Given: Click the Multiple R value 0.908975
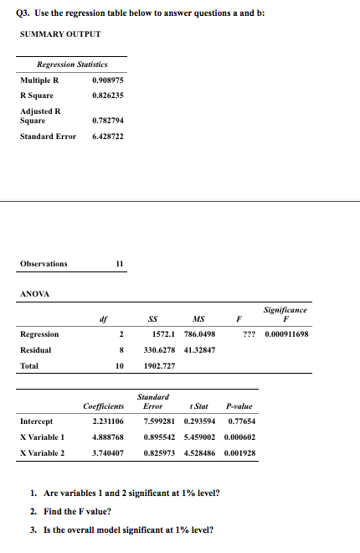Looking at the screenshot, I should click(109, 80).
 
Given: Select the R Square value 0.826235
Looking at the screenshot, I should click(109, 96).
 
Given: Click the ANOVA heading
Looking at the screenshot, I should click(34, 294).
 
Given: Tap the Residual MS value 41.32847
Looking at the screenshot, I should click(198, 349).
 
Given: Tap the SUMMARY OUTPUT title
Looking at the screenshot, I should click(59, 34).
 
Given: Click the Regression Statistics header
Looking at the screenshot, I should click(72, 65).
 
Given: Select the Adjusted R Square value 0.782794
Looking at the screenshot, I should click(109, 120).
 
